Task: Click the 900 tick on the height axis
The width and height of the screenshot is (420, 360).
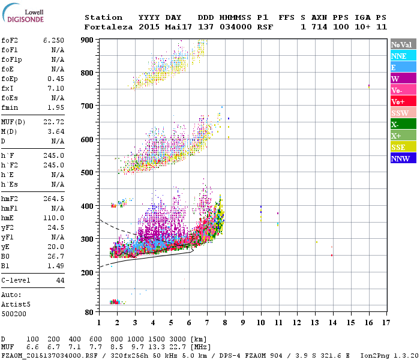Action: point(88,40)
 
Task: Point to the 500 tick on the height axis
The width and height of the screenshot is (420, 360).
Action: point(88,173)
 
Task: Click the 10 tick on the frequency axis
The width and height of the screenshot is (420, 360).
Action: point(260,322)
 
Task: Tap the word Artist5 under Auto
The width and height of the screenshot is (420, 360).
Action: point(17,304)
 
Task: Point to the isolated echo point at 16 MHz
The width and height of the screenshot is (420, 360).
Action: point(368,86)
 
